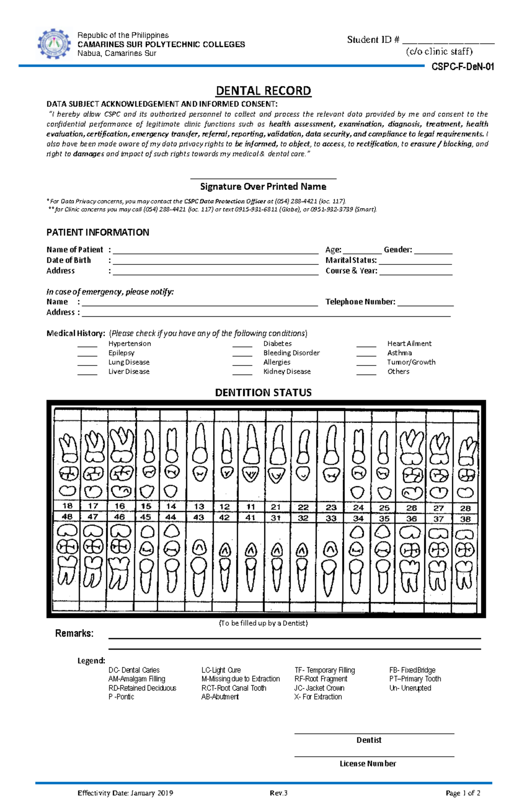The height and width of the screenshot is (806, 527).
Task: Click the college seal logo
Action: click(54, 44)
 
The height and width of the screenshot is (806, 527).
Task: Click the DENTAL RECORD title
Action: click(263, 91)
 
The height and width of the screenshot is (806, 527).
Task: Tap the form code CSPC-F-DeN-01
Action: click(462, 67)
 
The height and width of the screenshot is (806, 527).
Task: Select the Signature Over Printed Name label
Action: click(263, 186)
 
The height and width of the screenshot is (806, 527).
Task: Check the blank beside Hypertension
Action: click(87, 344)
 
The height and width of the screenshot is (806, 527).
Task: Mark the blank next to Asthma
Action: click(366, 354)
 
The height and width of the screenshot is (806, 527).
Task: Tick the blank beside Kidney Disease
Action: click(242, 372)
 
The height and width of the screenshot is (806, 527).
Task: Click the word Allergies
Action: click(277, 362)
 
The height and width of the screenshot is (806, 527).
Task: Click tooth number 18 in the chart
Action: click(67, 506)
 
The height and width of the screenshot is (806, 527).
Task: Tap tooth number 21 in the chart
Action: click(275, 507)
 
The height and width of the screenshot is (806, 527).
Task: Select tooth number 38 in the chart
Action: click(465, 519)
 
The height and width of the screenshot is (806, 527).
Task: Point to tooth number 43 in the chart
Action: click(199, 517)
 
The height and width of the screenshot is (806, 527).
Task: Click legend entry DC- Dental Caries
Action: click(134, 670)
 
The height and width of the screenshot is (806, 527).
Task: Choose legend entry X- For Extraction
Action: click(318, 697)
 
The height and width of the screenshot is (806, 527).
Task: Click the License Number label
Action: click(368, 764)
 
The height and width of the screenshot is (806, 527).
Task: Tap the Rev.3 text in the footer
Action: click(278, 793)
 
